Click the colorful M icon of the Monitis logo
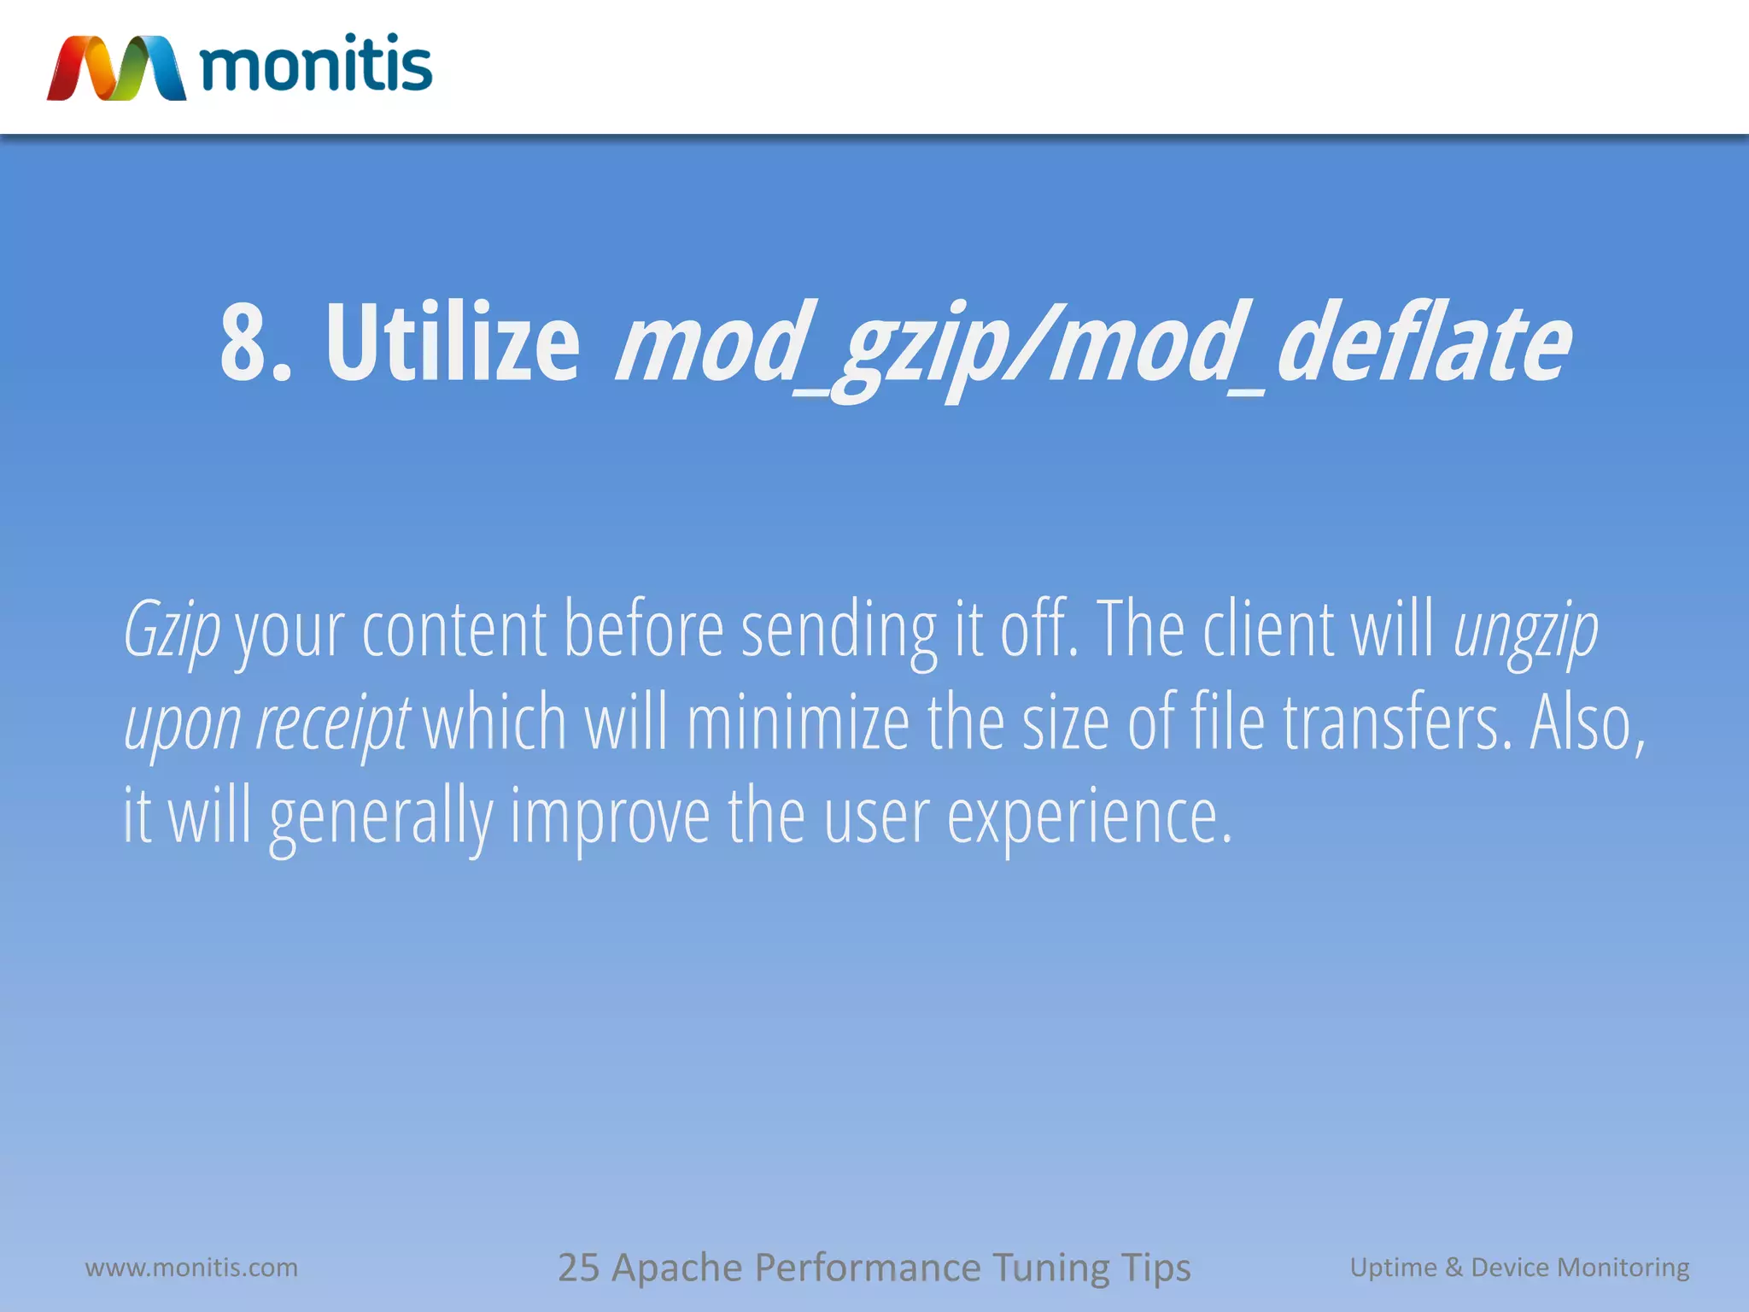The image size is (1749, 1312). [116, 68]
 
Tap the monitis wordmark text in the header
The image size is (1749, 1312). [316, 65]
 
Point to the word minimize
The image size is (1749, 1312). [798, 723]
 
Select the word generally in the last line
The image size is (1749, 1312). [381, 817]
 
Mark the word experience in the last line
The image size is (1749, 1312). [1089, 817]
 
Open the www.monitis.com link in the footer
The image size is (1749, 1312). [191, 1267]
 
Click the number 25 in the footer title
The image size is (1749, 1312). [578, 1268]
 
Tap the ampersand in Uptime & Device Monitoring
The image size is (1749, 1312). [1454, 1267]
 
